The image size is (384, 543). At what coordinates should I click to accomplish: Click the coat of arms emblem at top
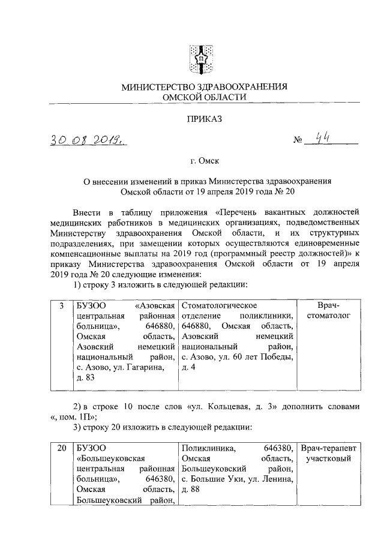pos(202,57)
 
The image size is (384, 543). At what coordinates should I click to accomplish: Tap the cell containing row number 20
pos(61,448)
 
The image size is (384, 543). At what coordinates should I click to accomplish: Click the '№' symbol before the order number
pos(296,142)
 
